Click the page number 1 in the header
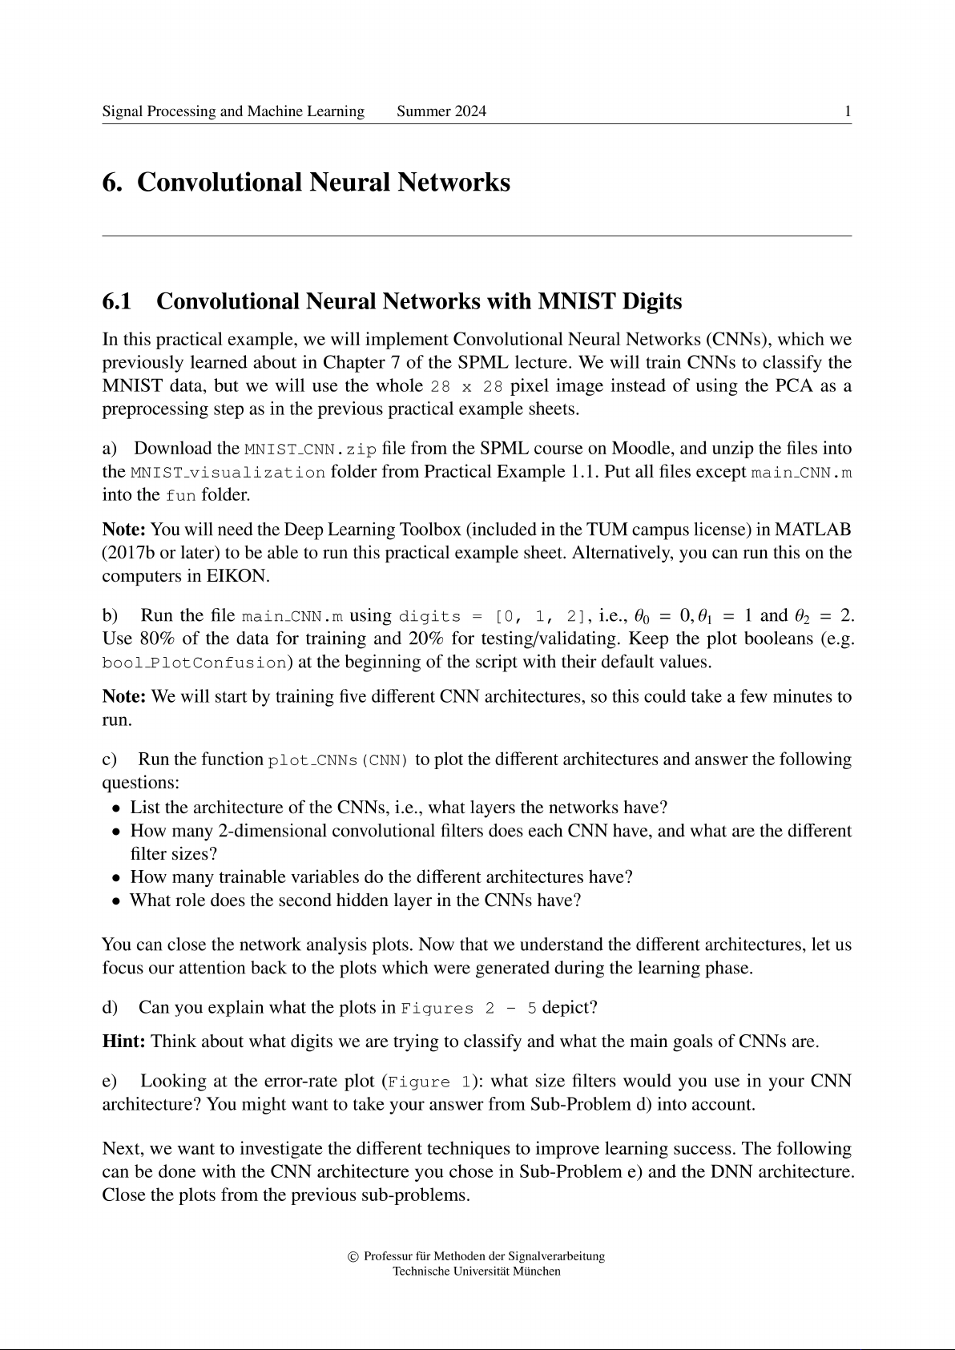tap(847, 111)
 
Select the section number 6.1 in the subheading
tap(117, 301)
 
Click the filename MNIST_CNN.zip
tap(310, 449)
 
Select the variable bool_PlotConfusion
tap(194, 663)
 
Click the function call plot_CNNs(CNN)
tap(338, 760)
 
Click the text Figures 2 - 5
tap(469, 1008)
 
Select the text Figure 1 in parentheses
tap(429, 1082)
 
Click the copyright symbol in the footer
tap(353, 1256)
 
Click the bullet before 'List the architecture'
tap(117, 808)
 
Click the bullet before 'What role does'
tap(117, 901)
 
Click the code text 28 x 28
tap(466, 387)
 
